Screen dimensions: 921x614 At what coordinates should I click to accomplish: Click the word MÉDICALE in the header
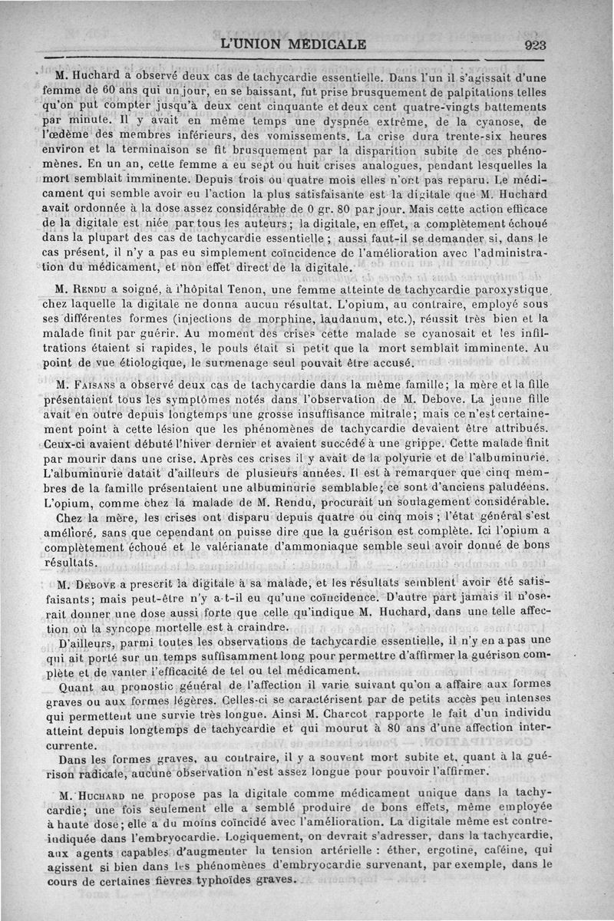click(326, 44)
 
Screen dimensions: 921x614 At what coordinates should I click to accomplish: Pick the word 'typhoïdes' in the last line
click(197, 880)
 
